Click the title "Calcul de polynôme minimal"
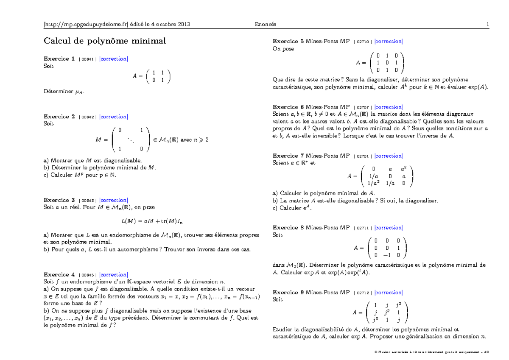tap(105, 41)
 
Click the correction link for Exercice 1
tap(113, 59)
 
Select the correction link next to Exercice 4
tap(113, 275)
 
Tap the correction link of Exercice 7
tap(389, 156)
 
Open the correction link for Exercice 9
tap(389, 293)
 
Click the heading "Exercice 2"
tap(59, 117)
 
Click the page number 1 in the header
tap(488, 25)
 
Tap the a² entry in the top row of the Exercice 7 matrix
tap(404, 169)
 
